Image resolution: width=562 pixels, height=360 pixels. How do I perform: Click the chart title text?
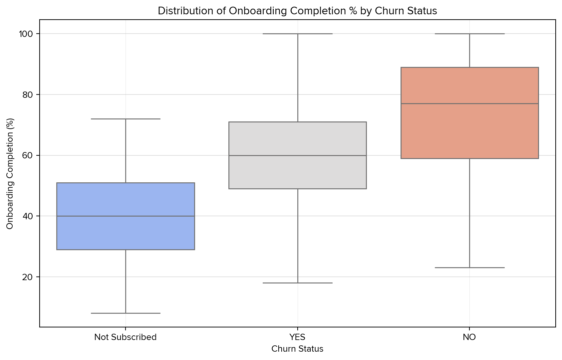tap(297, 11)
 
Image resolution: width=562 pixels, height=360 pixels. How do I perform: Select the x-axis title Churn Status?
tap(297, 349)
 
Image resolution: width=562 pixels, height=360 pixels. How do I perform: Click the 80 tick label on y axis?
tap(28, 94)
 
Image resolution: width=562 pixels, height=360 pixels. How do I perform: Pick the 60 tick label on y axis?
tap(28, 155)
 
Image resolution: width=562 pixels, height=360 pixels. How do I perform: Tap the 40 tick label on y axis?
tap(28, 216)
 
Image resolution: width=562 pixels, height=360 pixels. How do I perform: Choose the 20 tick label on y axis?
tap(28, 277)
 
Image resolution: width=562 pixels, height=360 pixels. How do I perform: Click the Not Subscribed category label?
tap(126, 337)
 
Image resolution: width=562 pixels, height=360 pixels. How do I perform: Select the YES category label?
tap(297, 337)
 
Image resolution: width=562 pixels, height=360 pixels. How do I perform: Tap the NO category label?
tap(469, 337)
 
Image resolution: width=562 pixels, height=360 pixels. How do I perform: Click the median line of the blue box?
tap(126, 216)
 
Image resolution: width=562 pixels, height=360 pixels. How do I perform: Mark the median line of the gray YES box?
tap(297, 155)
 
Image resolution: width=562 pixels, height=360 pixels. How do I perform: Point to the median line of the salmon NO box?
tap(469, 103)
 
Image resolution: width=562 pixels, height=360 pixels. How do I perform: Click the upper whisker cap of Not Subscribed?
tap(126, 119)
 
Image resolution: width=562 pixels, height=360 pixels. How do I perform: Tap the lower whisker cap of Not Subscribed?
tap(126, 313)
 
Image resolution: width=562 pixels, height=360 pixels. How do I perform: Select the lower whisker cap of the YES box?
tap(297, 283)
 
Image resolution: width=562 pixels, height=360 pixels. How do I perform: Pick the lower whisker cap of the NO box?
tap(469, 268)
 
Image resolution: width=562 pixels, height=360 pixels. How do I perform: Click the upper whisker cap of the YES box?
tap(297, 34)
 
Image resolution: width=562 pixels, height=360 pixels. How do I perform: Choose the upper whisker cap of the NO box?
tap(469, 34)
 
